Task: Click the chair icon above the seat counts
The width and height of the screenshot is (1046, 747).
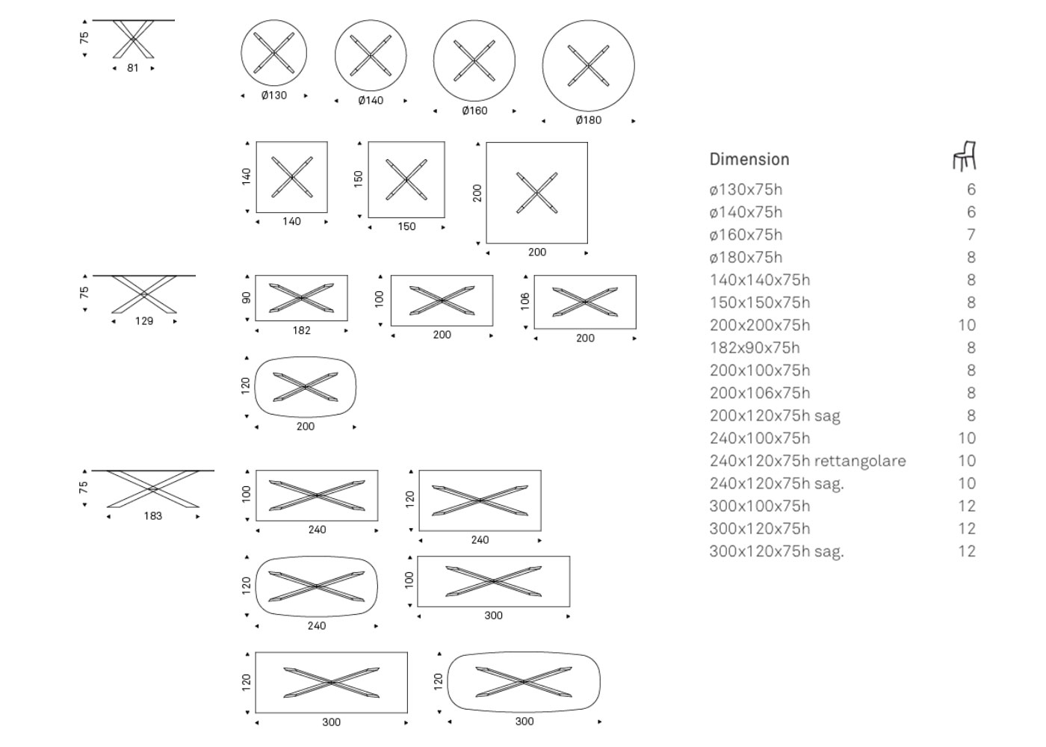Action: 965,156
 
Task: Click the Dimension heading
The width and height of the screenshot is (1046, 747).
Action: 749,159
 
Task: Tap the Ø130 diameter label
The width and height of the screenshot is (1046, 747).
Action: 274,96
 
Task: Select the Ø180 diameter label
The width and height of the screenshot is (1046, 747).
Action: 589,120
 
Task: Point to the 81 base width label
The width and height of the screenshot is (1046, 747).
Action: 133,68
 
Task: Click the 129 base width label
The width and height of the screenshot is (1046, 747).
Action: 143,321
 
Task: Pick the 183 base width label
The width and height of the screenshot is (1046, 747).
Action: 152,516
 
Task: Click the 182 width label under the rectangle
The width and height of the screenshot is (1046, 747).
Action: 301,330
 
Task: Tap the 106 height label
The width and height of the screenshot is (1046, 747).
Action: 524,302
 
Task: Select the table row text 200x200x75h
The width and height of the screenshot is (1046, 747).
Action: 760,325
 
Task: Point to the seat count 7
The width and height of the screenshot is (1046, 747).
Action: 971,235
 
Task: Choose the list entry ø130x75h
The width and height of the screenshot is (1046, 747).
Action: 746,190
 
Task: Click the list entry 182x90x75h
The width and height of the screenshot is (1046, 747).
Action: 755,348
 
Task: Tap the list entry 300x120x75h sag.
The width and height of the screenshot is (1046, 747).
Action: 776,551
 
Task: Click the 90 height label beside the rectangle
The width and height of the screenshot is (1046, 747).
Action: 246,298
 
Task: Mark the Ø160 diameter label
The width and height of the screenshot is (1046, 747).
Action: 474,111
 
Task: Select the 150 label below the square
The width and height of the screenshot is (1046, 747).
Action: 406,226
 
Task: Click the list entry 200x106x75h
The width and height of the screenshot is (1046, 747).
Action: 760,393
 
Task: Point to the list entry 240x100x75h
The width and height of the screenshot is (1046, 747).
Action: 760,438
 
